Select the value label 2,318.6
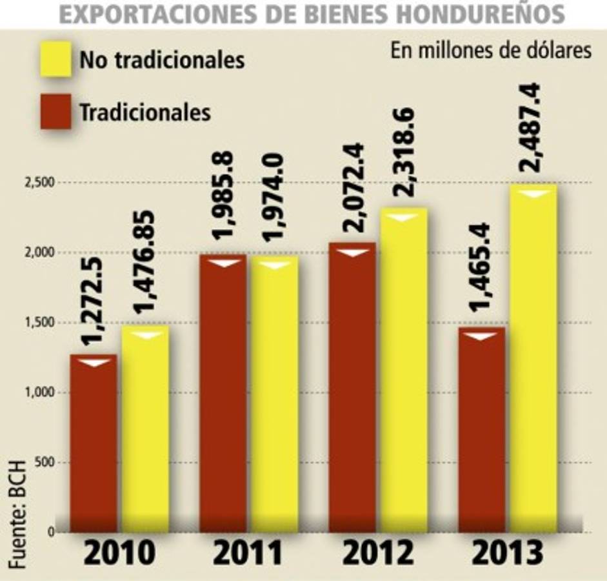point(404,154)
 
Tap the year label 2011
point(248,553)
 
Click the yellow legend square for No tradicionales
point(55,59)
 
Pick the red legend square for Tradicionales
point(55,112)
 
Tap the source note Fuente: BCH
point(17,514)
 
